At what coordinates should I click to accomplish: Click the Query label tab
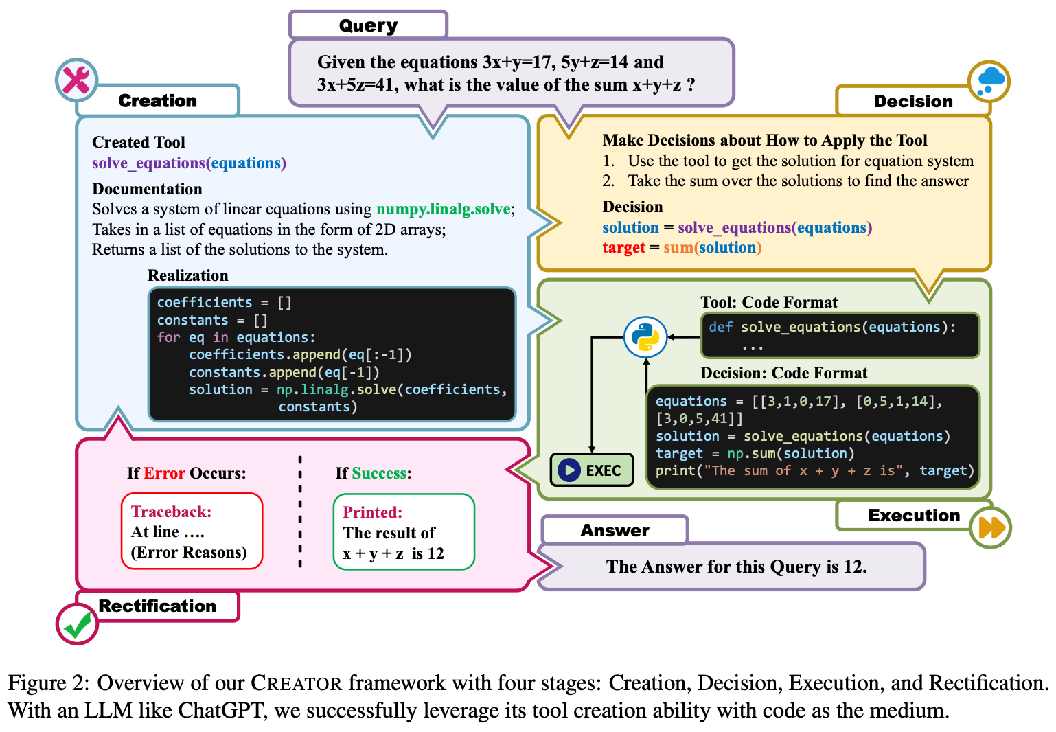[x=368, y=25]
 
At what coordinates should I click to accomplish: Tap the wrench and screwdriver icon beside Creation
[x=76, y=80]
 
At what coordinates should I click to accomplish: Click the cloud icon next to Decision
[x=989, y=81]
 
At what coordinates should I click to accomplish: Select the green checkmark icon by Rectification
[x=77, y=624]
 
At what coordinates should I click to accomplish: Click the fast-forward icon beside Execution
[x=991, y=527]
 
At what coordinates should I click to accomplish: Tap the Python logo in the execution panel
[x=645, y=337]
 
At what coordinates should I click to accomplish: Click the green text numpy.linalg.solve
[x=443, y=209]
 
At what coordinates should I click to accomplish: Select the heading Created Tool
[x=139, y=142]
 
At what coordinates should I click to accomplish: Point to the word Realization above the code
[x=187, y=275]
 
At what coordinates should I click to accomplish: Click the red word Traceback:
[x=171, y=512]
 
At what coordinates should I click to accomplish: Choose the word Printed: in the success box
[x=373, y=512]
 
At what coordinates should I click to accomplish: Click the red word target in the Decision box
[x=623, y=247]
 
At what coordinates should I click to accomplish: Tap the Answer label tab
[x=615, y=530]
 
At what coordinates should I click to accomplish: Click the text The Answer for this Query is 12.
[x=736, y=567]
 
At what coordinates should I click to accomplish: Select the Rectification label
[x=157, y=606]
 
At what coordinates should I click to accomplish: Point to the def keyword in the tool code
[x=720, y=327]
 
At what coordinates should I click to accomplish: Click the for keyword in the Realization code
[x=168, y=337]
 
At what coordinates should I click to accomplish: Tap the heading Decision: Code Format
[x=783, y=373]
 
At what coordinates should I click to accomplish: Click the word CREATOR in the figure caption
[x=296, y=683]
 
